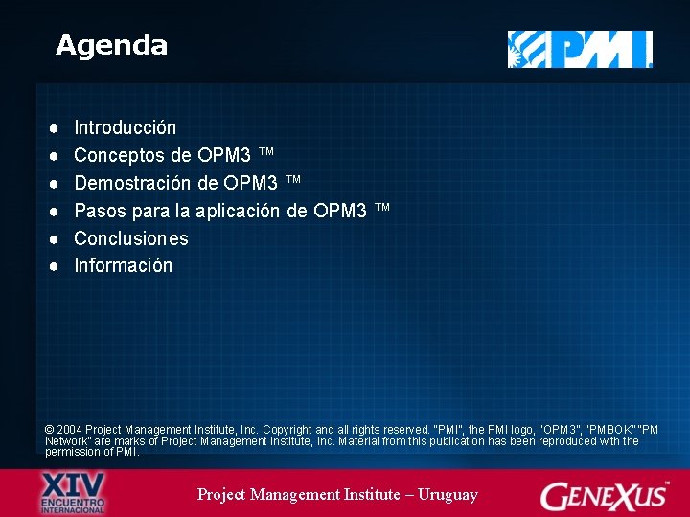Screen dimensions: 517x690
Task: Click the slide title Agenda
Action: pos(111,45)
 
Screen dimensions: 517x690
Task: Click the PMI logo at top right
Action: pos(580,49)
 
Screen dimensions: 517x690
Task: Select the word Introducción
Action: pos(125,127)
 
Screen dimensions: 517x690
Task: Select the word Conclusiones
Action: pos(130,238)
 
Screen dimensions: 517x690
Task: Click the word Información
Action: pos(123,265)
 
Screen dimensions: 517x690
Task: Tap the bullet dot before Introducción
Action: pos(57,127)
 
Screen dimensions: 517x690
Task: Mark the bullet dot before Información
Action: pos(57,265)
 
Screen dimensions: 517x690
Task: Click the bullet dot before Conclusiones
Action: pos(57,238)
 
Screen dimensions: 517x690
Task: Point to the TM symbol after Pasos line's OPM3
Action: pos(381,208)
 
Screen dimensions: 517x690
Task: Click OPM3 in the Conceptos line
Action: pos(224,155)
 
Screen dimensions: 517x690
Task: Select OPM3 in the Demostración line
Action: pos(251,183)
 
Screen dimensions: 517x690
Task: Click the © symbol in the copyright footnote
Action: pos(50,431)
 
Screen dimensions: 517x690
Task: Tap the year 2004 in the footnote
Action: pos(70,431)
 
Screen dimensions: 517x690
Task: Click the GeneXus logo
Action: pos(604,495)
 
